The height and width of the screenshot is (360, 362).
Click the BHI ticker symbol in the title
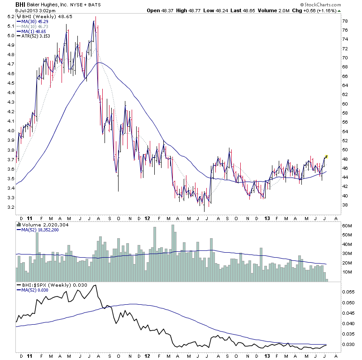point(20,4)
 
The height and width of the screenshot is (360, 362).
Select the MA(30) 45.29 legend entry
point(34,21)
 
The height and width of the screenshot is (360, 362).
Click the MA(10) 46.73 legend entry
point(34,27)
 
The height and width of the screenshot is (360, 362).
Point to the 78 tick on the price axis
point(344,21)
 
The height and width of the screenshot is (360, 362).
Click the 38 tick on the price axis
point(344,205)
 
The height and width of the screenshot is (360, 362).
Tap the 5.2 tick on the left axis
point(10,17)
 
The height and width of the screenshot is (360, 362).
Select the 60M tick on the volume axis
point(347,225)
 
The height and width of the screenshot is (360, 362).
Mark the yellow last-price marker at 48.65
point(326,156)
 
